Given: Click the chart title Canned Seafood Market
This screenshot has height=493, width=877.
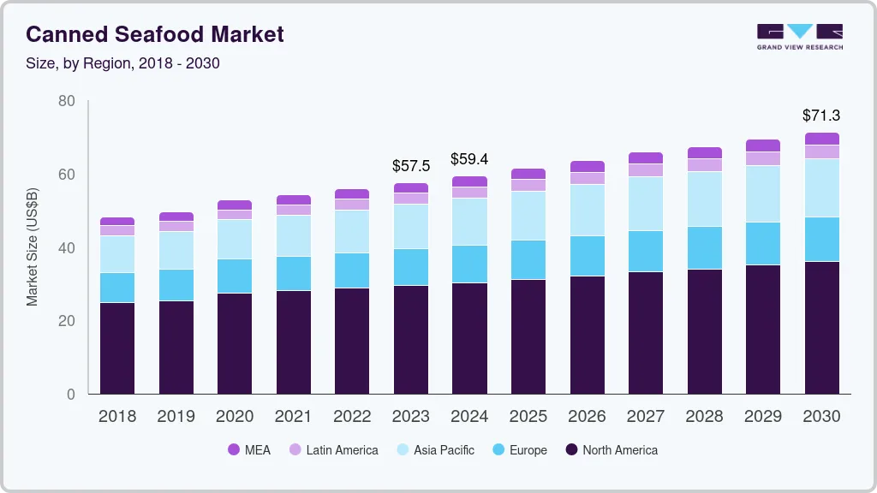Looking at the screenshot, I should pyautogui.click(x=155, y=35).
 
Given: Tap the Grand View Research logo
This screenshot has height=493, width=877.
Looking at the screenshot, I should pyautogui.click(x=800, y=36).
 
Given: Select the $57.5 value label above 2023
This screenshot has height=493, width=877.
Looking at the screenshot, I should pyautogui.click(x=411, y=166).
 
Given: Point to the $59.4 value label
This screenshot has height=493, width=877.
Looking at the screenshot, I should pyautogui.click(x=469, y=159).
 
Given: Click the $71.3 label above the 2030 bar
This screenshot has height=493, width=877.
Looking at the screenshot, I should pyautogui.click(x=821, y=116).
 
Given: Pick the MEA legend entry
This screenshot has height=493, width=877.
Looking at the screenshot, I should pyautogui.click(x=249, y=450).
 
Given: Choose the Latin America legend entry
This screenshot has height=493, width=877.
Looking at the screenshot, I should pyautogui.click(x=333, y=450).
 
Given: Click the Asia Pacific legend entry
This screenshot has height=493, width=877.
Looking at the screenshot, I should pyautogui.click(x=435, y=450).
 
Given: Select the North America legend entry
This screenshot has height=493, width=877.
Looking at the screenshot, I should pyautogui.click(x=612, y=450).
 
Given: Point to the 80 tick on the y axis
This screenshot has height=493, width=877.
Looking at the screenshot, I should pyautogui.click(x=68, y=102).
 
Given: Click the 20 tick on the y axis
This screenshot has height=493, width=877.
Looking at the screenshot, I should pyautogui.click(x=68, y=321).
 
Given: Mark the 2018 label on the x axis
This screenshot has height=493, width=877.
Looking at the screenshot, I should pyautogui.click(x=117, y=417).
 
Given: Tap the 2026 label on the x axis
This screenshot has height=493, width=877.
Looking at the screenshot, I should pyautogui.click(x=587, y=417).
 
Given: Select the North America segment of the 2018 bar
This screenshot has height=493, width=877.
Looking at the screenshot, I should pyautogui.click(x=117, y=347).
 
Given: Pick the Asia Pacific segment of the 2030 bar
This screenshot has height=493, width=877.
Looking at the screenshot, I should pyautogui.click(x=821, y=187).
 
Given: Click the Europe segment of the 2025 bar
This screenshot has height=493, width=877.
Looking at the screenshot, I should pyautogui.click(x=528, y=259).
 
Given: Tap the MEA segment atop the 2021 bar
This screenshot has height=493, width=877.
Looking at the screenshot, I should pyautogui.click(x=294, y=199).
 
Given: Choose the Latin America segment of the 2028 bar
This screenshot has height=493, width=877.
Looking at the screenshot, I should pyautogui.click(x=704, y=165).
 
